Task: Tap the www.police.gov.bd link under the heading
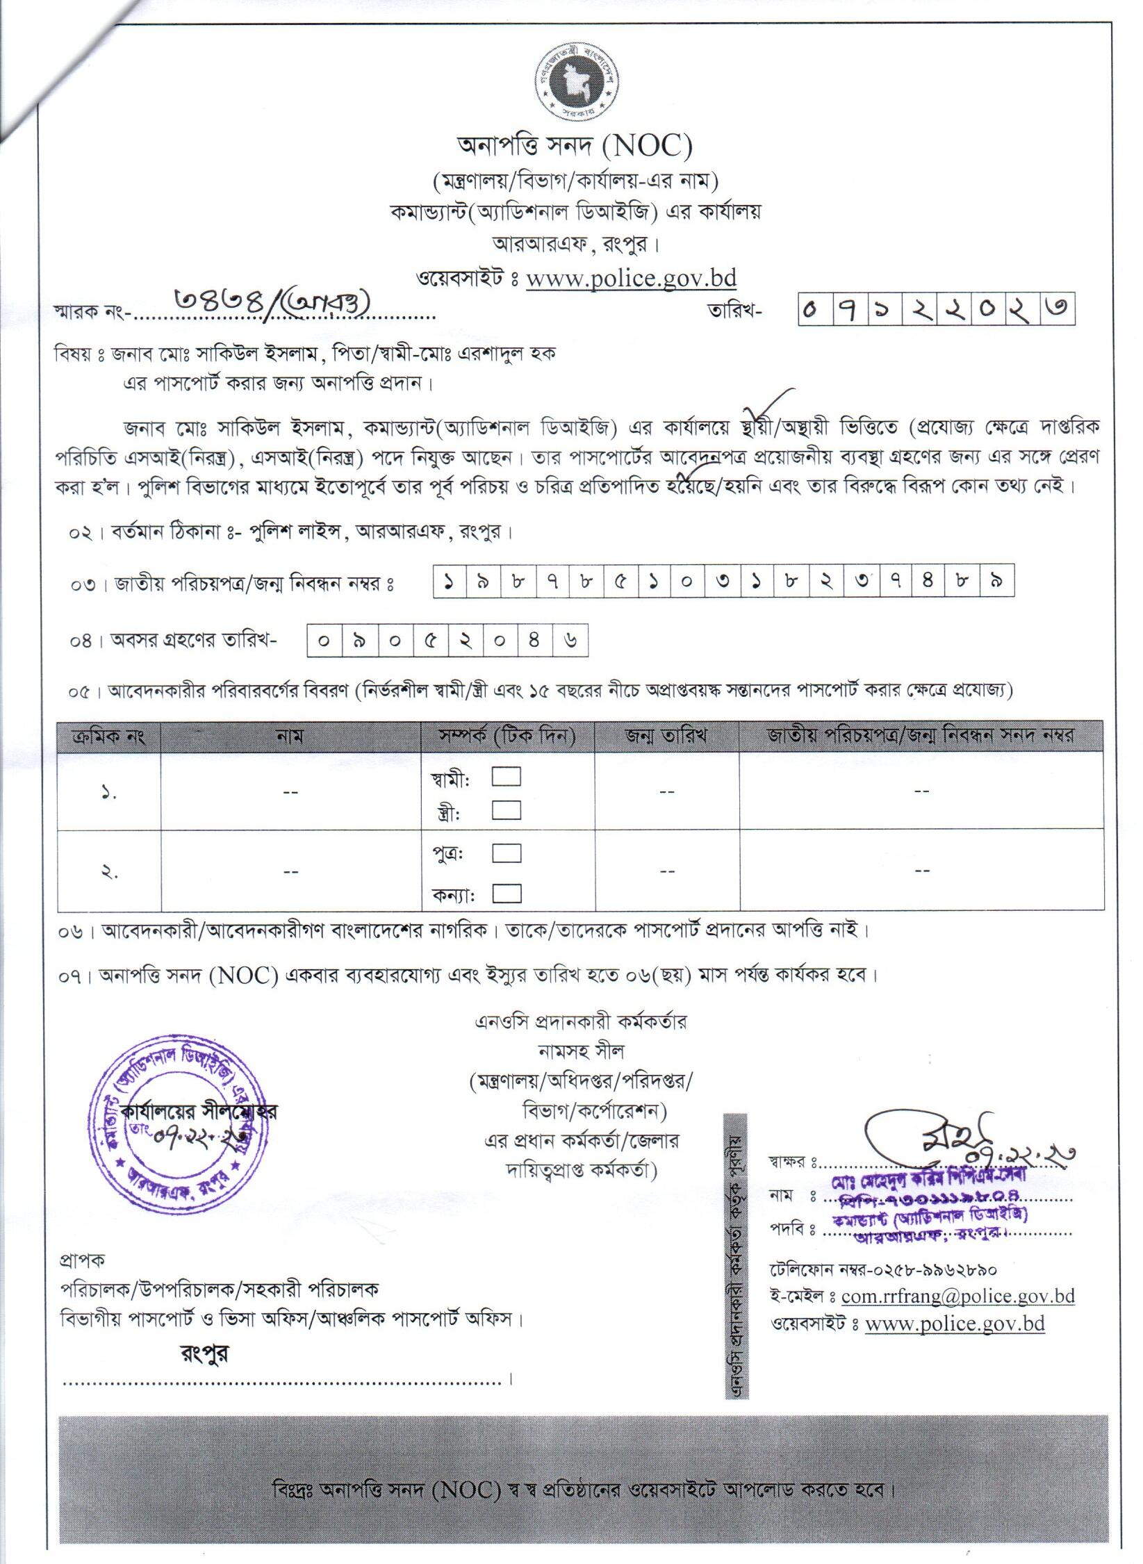point(631,278)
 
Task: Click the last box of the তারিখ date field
point(1058,311)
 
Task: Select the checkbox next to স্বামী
point(507,777)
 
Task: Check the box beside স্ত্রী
point(507,810)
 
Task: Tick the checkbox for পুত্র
point(507,853)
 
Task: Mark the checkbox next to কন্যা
point(507,893)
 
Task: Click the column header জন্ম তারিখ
point(666,736)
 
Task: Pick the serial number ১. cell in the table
point(109,792)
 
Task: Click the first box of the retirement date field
point(324,641)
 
